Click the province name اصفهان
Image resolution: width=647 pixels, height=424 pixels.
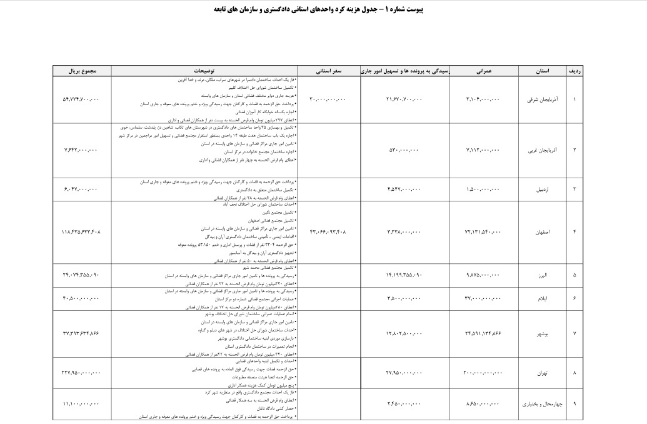[543, 231]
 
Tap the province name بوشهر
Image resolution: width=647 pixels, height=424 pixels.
[543, 333]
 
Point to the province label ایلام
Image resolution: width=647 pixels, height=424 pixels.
[543, 298]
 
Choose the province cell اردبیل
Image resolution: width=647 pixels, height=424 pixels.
[543, 188]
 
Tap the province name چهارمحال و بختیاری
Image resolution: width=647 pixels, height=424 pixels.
[541, 404]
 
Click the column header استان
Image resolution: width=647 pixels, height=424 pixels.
[543, 71]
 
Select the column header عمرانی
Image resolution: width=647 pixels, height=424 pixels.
[484, 71]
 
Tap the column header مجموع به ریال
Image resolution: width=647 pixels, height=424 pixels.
[82, 71]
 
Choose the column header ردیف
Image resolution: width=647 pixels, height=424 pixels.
[574, 71]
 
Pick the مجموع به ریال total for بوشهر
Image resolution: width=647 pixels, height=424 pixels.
[81, 333]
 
